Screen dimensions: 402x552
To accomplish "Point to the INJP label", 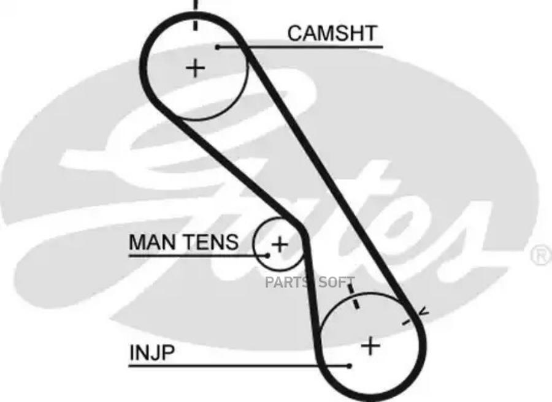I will tap(144, 353).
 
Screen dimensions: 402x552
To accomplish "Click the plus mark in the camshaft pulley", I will tap(195, 67).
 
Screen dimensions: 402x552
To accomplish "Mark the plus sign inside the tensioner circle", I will tap(279, 245).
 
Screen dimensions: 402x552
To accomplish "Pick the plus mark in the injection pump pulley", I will tap(370, 346).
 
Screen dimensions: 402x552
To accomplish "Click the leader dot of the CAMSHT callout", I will tap(218, 47).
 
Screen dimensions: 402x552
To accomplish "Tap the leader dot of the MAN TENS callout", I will tap(268, 254).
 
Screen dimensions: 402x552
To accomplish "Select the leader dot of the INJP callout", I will tap(349, 366).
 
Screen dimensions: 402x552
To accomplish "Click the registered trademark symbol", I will tap(540, 255).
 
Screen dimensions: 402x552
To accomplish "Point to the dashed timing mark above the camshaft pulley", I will tap(195, 15).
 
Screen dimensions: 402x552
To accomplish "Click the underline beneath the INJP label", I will tap(239, 366).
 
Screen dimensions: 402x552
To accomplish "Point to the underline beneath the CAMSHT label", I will tap(301, 47).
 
